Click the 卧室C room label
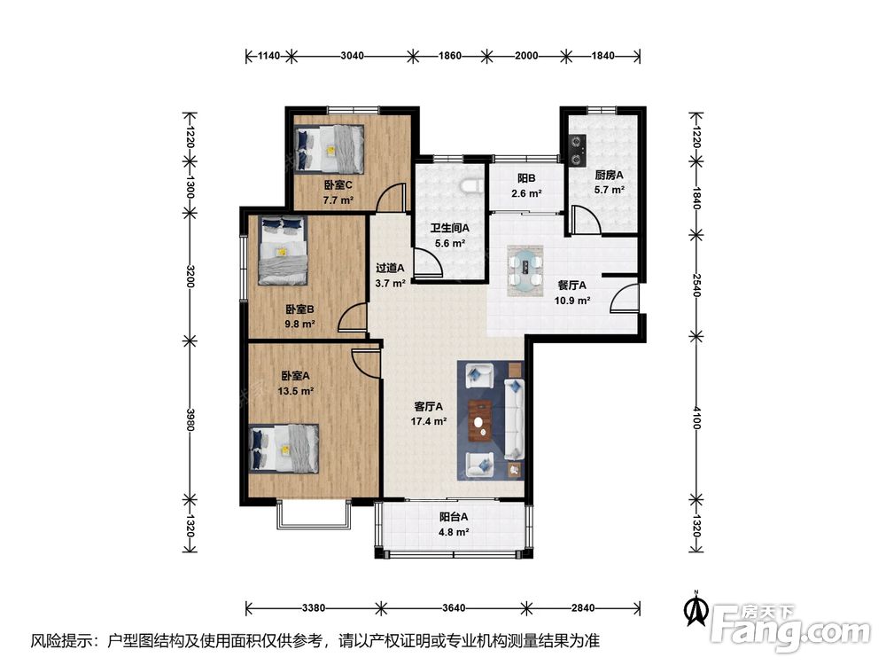pyautogui.click(x=338, y=185)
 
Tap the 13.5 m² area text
pyautogui.click(x=295, y=391)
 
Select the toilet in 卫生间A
pyautogui.click(x=471, y=185)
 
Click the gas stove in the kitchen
pyautogui.click(x=577, y=150)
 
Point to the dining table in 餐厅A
pyautogui.click(x=525, y=270)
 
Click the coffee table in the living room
pyautogui.click(x=481, y=420)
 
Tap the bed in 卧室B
pyautogui.click(x=284, y=250)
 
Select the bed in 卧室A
pyautogui.click(x=284, y=449)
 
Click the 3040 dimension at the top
pyautogui.click(x=352, y=55)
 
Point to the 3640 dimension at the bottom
pyautogui.click(x=454, y=608)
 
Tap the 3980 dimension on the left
pyautogui.click(x=190, y=420)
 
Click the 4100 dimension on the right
pyautogui.click(x=696, y=418)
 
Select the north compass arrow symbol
pyautogui.click(x=696, y=608)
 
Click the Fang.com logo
pyautogui.click(x=790, y=628)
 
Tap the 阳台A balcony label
pyautogui.click(x=454, y=516)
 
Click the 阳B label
pyautogui.click(x=526, y=178)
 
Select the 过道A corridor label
pyautogui.click(x=391, y=268)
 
